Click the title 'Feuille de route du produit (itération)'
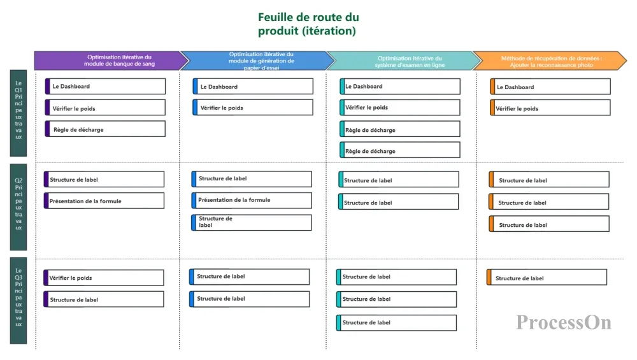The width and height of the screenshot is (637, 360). point(308,24)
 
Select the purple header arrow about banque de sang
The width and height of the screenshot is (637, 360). point(111,61)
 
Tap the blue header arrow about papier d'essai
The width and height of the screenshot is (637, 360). point(257,61)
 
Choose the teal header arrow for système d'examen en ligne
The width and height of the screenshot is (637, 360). point(404,61)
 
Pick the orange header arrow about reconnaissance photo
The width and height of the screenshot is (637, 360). point(550,61)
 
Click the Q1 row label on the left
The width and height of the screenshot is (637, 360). point(18,113)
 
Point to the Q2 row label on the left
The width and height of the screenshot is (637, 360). point(18,207)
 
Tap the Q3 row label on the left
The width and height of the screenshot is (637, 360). point(18,301)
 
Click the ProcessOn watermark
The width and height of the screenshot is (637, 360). point(564,322)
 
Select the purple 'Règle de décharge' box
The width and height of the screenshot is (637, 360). point(105,129)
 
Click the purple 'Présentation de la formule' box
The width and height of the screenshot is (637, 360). point(104,201)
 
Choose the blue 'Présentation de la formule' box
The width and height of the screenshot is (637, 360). point(252,200)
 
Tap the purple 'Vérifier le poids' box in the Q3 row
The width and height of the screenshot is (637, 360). point(104,278)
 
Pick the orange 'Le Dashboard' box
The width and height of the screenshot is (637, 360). point(550,87)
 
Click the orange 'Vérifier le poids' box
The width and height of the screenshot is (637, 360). point(550,108)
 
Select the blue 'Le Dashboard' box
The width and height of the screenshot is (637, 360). point(253,86)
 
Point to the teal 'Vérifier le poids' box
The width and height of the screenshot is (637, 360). point(400,108)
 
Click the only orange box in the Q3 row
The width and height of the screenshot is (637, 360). point(547,277)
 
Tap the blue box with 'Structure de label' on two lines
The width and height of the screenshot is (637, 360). point(252,222)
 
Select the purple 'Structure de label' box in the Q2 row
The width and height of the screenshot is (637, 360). point(104,179)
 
